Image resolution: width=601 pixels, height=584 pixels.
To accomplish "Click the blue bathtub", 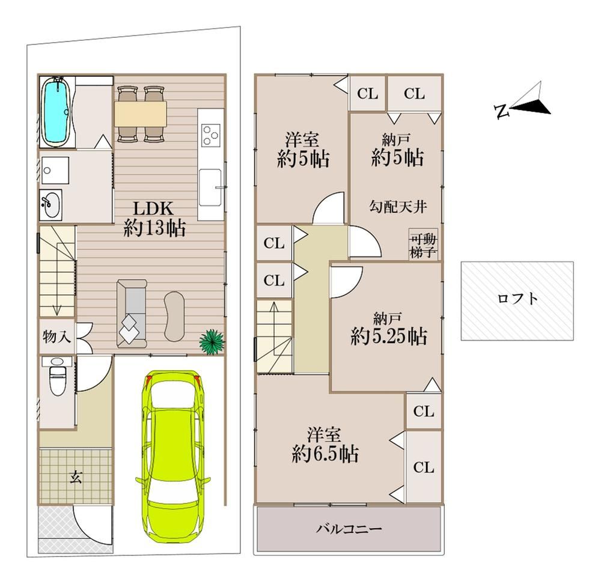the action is [x=57, y=112].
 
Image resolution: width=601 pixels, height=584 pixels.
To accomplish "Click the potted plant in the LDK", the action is [x=211, y=341].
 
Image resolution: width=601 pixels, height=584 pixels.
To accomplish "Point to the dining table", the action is [x=140, y=114].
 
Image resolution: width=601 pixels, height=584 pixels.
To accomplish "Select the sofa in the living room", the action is [x=132, y=314].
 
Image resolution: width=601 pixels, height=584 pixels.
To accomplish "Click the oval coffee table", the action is [x=174, y=316].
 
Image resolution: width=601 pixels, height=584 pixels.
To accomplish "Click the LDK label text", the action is [x=154, y=209].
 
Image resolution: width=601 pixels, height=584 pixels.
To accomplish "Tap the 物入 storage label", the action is [x=56, y=337].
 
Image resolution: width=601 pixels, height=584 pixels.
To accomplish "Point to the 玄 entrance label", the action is [x=76, y=478].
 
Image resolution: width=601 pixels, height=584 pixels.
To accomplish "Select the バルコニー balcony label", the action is [x=349, y=529].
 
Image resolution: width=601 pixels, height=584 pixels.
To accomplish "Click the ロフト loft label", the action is [x=517, y=299].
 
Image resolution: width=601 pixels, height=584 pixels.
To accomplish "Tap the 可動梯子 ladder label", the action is [x=424, y=246].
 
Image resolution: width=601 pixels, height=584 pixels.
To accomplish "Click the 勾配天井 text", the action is [x=398, y=207].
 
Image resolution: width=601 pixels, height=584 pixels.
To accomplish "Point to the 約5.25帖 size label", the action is [x=389, y=336].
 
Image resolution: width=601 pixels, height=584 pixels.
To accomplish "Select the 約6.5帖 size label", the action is [x=325, y=454].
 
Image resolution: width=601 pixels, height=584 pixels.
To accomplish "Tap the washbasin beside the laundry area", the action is [x=50, y=205].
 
